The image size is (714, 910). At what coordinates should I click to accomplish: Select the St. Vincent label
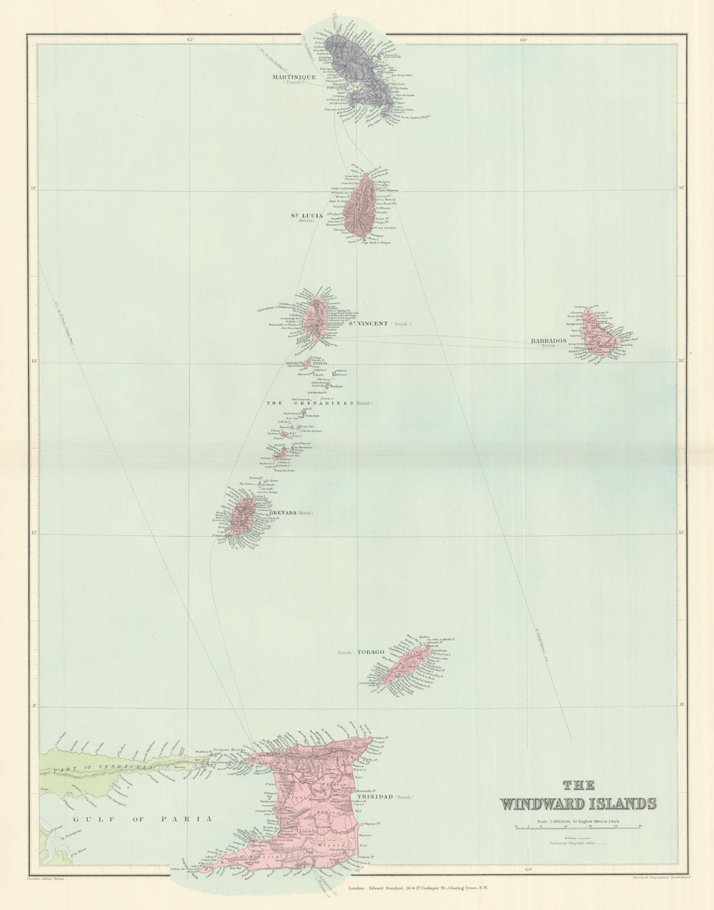367,324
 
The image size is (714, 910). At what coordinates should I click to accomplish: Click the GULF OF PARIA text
143,819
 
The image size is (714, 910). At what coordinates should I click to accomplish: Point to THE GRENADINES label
310,403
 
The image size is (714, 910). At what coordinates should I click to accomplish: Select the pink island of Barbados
600,336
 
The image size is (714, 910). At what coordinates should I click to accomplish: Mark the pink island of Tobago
403,664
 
